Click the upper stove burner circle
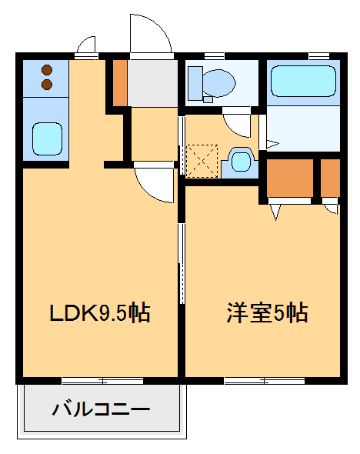(46, 67)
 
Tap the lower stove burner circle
(46, 82)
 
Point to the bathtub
(304, 81)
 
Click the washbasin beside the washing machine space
(241, 162)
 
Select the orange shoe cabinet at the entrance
(120, 81)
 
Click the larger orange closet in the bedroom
(290, 178)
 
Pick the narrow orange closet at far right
(330, 178)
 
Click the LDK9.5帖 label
(99, 313)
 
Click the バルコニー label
(101, 409)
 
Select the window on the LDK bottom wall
(102, 380)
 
